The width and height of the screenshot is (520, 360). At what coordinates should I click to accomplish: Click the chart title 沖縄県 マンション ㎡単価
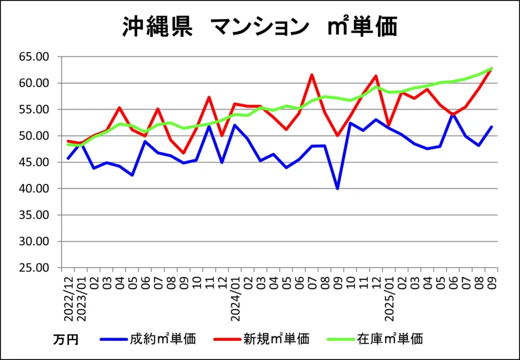259,26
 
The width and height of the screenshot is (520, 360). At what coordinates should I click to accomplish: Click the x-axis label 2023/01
81,300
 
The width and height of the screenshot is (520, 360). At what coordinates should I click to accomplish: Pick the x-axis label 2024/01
236,300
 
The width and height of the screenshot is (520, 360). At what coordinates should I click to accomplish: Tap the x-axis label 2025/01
389,300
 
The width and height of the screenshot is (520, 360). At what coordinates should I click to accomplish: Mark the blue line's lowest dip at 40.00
337,189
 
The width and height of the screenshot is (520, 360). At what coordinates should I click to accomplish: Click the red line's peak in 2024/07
312,75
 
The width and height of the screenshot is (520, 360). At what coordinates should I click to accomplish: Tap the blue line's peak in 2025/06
453,114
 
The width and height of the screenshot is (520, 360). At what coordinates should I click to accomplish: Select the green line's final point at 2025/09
491,69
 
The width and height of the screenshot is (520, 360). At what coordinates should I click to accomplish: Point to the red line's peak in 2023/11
209,97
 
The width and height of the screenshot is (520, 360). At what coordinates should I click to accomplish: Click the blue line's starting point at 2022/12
68,158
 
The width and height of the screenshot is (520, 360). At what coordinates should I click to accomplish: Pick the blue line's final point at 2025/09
491,127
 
